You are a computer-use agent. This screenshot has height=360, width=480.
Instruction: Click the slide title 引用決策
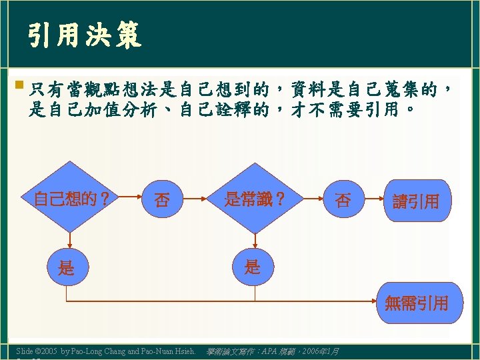point(85,36)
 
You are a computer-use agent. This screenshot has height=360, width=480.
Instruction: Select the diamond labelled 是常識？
point(255,198)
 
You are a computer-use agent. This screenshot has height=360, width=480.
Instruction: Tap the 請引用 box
point(415,201)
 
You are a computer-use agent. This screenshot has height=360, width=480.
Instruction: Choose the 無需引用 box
point(416,303)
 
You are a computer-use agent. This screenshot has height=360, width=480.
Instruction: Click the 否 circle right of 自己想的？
point(161,199)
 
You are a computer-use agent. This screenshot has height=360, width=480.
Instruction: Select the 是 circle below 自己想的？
point(66,269)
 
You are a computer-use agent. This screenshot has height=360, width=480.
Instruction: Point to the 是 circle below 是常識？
point(252,267)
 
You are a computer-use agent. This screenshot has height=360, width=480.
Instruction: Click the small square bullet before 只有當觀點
point(19,85)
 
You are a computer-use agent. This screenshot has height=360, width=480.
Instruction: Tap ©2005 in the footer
point(46,351)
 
